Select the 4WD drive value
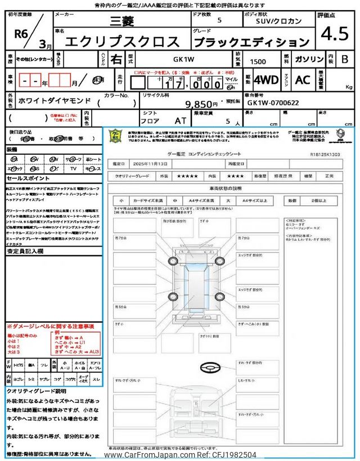click(266, 80)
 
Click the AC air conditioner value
click(303, 80)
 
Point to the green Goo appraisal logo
click(115, 137)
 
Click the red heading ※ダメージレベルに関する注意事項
click(50, 326)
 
